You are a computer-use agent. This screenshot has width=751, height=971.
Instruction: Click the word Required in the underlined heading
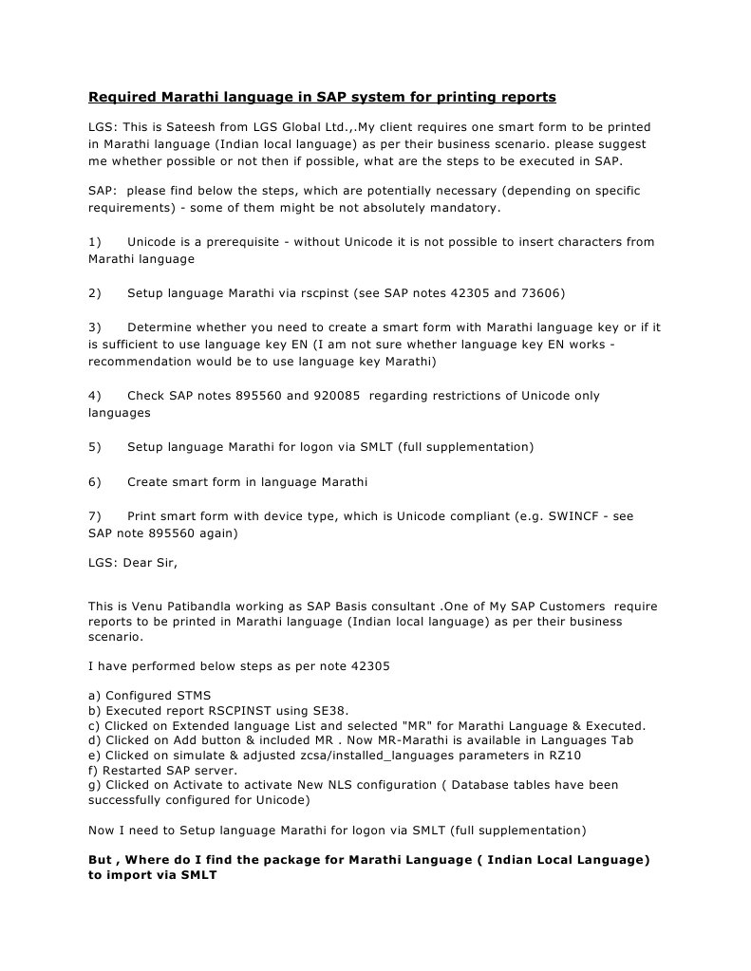point(122,97)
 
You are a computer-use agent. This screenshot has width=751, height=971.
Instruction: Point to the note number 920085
point(333,395)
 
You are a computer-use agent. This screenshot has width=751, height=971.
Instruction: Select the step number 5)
point(95,446)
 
